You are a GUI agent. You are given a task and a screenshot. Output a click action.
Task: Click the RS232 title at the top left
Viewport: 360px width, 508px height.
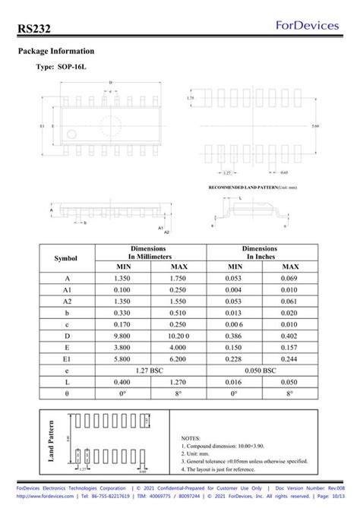coord(36,27)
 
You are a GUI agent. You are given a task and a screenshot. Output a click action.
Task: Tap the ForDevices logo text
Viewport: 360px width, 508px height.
coord(310,25)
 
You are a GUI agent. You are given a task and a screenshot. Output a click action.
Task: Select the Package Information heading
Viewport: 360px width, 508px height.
coord(55,51)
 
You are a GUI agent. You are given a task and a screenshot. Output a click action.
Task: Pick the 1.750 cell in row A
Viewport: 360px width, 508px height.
coord(178,279)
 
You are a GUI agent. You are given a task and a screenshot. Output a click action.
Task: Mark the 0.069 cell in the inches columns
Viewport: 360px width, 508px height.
coord(290,279)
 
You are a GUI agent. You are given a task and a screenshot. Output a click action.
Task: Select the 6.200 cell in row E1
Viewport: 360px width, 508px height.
coord(178,358)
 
